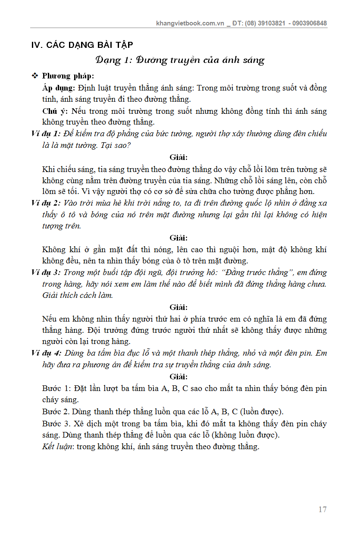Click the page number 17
click(x=322, y=510)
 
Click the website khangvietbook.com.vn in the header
click(x=190, y=23)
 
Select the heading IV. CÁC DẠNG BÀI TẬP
click(x=82, y=45)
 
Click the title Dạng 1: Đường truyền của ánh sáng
click(x=180, y=60)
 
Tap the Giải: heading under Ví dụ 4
click(x=178, y=377)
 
